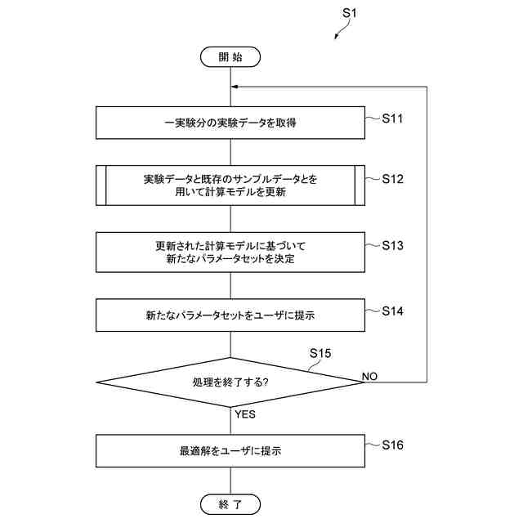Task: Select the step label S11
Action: (x=392, y=118)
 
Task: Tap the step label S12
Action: (x=392, y=178)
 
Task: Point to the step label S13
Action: (x=392, y=245)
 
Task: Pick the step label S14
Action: (x=392, y=311)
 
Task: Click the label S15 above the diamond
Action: (x=321, y=353)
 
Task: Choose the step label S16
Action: (x=392, y=445)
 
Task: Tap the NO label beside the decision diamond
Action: (x=369, y=376)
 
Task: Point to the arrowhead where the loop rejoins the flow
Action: (x=234, y=86)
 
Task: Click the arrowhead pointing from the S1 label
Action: (x=335, y=36)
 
